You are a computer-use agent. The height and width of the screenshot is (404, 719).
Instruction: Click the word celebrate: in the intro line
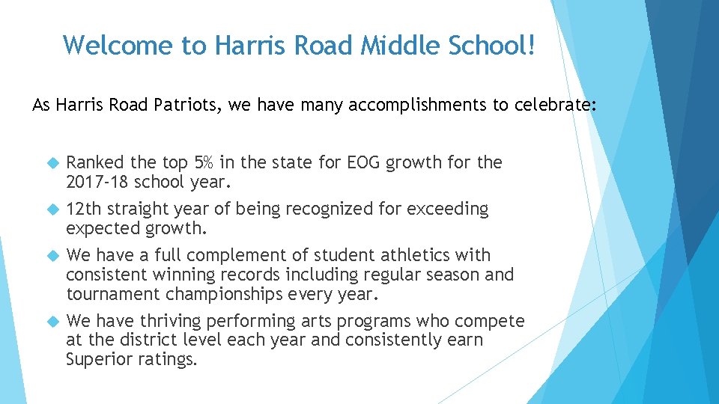pos(555,105)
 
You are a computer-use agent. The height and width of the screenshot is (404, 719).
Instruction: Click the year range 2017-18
pos(95,182)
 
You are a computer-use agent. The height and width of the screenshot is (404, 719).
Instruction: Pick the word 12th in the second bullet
pos(84,209)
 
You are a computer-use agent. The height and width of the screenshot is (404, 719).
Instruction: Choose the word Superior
pos(100,360)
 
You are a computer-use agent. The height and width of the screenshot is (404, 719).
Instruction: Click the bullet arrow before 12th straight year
pos(52,209)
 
